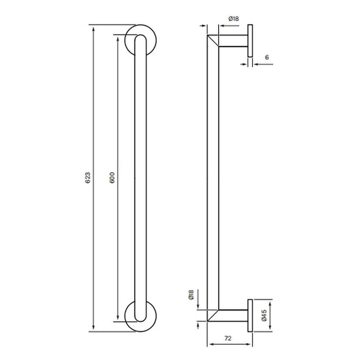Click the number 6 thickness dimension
pyautogui.click(x=267, y=57)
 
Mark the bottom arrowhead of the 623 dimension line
pyautogui.click(x=92, y=329)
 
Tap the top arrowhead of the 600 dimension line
pyautogui.click(x=117, y=37)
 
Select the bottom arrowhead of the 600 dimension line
pyautogui.click(x=117, y=319)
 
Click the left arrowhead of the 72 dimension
pyautogui.click(x=209, y=344)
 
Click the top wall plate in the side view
pyautogui.click(x=250, y=41)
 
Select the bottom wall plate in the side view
pyautogui.click(x=250, y=315)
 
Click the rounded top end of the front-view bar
pyautogui.click(x=140, y=39)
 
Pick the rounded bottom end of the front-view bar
pyautogui.click(x=140, y=317)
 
